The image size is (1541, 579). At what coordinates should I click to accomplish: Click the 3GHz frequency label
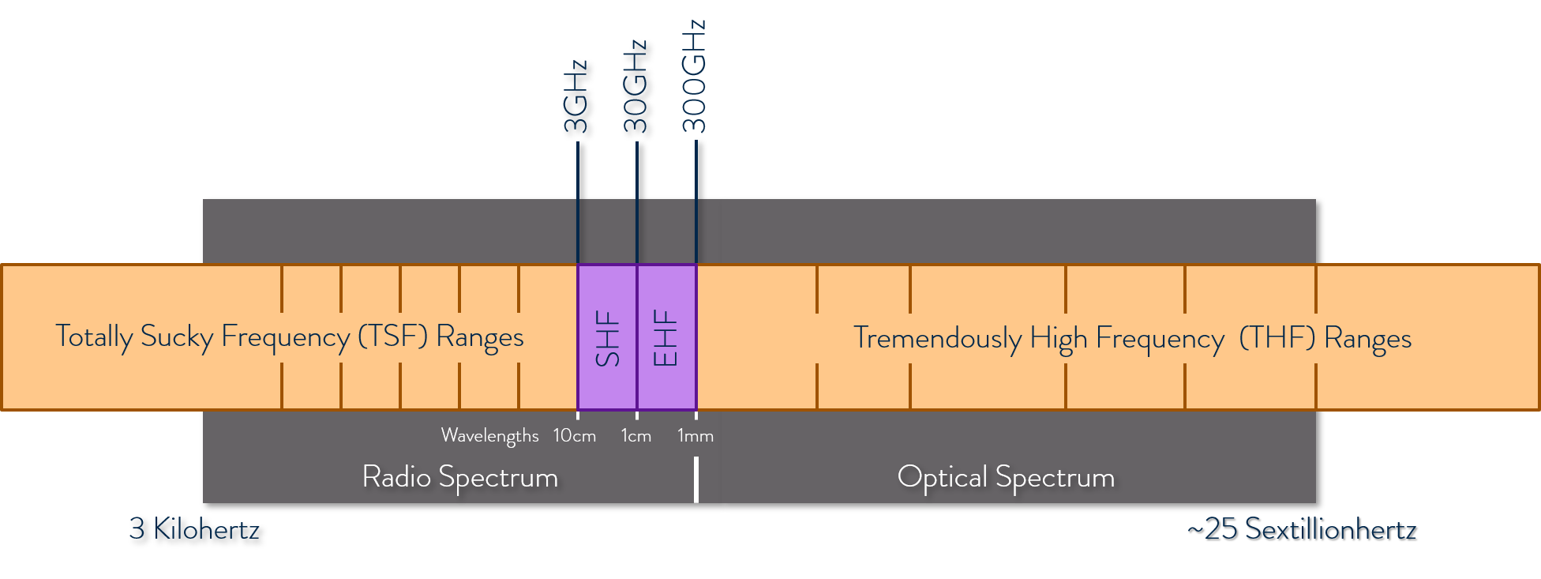pyautogui.click(x=576, y=96)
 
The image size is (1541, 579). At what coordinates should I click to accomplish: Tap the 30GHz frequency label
pyautogui.click(x=636, y=86)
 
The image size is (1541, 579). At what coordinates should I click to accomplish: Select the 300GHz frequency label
pyautogui.click(x=695, y=77)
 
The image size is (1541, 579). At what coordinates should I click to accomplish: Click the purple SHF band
pyautogui.click(x=607, y=337)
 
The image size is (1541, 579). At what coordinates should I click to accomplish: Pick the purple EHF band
pyautogui.click(x=666, y=337)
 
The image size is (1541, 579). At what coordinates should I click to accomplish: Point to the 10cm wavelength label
pyautogui.click(x=574, y=435)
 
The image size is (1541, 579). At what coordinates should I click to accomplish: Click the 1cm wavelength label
pyautogui.click(x=636, y=435)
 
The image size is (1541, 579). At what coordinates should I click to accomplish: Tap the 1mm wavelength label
pyautogui.click(x=695, y=435)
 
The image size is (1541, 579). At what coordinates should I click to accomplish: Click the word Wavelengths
pyautogui.click(x=489, y=435)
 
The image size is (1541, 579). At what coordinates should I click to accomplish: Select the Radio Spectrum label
pyautogui.click(x=459, y=477)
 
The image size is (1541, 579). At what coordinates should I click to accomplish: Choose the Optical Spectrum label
pyautogui.click(x=1006, y=477)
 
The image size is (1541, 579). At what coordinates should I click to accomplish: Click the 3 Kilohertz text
pyautogui.click(x=194, y=528)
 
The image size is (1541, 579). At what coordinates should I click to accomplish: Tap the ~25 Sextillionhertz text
pyautogui.click(x=1302, y=528)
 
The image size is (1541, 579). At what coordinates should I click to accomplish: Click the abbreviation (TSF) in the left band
pyautogui.click(x=392, y=336)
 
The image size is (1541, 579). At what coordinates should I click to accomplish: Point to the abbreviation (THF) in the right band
pyautogui.click(x=1277, y=338)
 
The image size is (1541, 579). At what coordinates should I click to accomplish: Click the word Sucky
pyautogui.click(x=177, y=337)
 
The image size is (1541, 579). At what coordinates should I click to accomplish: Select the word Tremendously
pyautogui.click(x=937, y=338)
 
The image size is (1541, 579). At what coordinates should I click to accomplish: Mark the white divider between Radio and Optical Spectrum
pyautogui.click(x=696, y=479)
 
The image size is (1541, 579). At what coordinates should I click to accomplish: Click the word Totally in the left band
pyautogui.click(x=93, y=337)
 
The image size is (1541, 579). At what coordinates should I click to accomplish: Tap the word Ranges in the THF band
pyautogui.click(x=1367, y=339)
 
